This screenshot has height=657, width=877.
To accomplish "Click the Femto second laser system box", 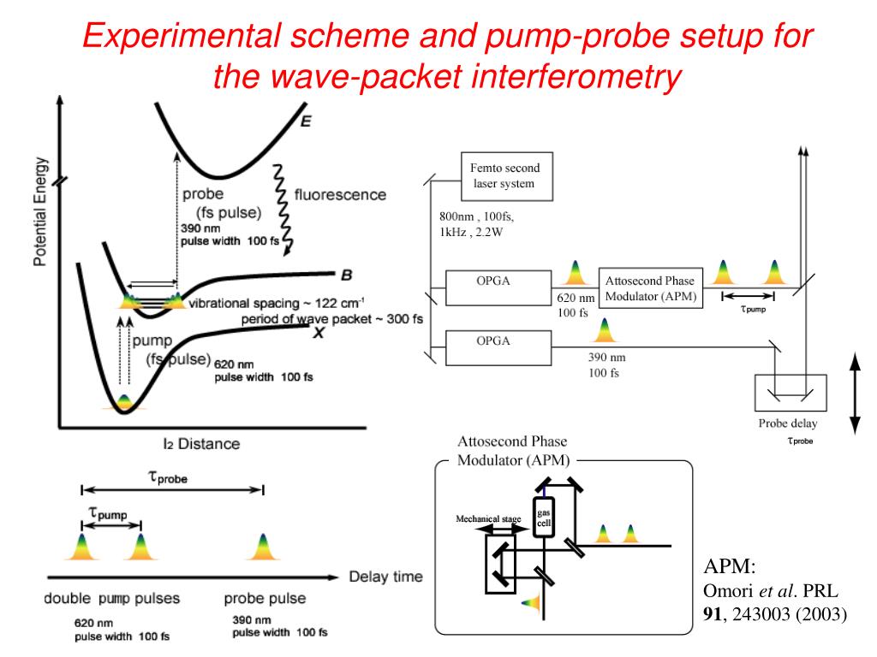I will coord(505,176).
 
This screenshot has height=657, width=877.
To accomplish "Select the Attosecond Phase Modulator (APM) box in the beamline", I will coord(651,288).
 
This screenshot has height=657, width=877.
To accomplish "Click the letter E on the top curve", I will coord(305,121).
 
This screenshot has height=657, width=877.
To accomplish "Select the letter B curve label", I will coord(346,275).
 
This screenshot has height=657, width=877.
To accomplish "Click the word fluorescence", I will coord(340,194).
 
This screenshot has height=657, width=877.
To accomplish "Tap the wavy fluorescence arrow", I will coord(282,210).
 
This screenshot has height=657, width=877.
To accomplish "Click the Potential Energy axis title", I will coord(40,211).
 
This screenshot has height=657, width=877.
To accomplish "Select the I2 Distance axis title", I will coord(201,444).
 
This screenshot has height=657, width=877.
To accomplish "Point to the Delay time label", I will coord(385,577).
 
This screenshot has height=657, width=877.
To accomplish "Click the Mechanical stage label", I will coord(488,519).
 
